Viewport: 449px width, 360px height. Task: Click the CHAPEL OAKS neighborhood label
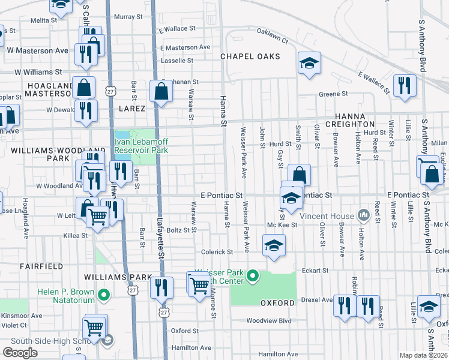coord(250,56)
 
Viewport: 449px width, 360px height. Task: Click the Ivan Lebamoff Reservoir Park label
coord(141,146)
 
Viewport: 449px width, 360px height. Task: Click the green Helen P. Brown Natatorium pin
coord(104,295)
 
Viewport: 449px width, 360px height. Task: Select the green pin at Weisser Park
coord(253,277)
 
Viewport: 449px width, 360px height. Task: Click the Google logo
coord(20,353)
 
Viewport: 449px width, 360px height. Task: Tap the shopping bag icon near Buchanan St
coord(161,92)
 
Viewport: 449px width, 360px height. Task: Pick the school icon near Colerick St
coord(274,245)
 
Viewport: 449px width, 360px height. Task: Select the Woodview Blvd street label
coord(268,321)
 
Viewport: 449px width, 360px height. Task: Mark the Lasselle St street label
coord(177,61)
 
